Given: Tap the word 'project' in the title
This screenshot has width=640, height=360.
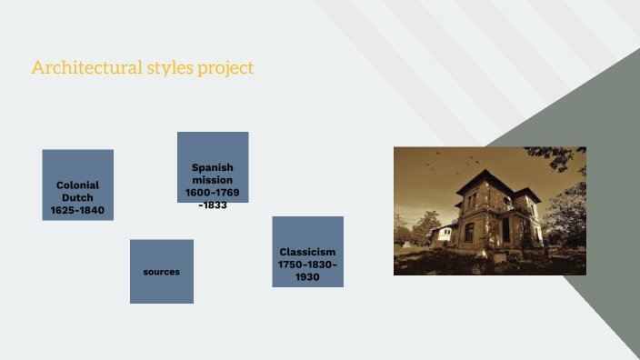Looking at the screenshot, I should point(226,68).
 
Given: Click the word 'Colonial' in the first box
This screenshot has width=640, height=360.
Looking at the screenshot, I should point(77,185).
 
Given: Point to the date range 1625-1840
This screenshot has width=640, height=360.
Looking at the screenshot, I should point(77,210).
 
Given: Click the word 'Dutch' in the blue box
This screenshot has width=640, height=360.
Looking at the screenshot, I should point(77,197).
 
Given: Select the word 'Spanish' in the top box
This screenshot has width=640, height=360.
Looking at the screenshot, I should point(213,167).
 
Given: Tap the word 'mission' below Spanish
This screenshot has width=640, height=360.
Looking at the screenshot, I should point(213,180).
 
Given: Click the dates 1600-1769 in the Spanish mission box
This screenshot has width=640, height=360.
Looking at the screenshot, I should point(213,193).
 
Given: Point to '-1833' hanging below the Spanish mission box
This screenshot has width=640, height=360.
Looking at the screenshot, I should point(213,205).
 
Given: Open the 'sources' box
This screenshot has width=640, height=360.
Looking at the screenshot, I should point(161,272).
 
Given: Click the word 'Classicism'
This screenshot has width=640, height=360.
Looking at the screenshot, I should point(307,252).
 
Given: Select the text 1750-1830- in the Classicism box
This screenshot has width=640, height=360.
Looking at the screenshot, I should point(307,265).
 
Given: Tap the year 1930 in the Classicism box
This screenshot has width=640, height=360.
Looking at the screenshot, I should point(307,277).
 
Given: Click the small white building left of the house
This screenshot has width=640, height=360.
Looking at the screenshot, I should point(443,235).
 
